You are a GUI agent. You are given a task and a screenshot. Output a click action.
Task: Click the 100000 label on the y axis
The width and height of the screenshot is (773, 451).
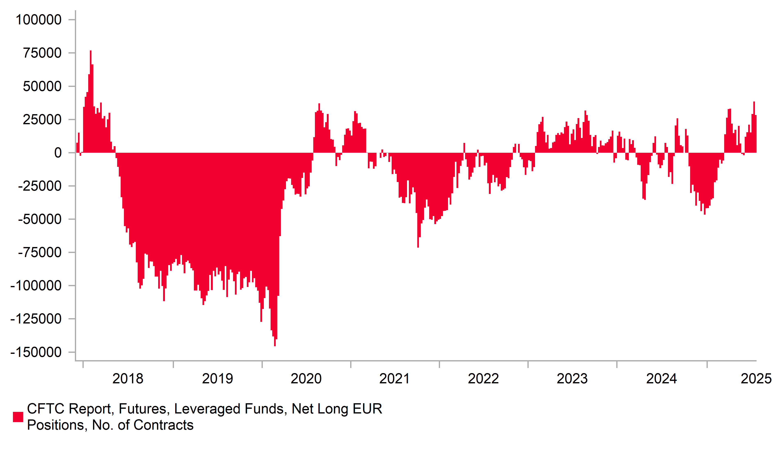pos(38,20)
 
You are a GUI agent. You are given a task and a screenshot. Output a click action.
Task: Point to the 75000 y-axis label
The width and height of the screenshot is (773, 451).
pos(42,53)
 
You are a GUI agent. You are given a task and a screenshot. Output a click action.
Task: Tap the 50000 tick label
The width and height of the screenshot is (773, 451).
pos(42,87)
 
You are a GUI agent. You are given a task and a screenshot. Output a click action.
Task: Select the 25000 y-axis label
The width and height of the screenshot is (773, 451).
pos(42,120)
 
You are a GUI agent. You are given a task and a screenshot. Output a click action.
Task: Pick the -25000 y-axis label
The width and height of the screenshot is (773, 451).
pos(40,186)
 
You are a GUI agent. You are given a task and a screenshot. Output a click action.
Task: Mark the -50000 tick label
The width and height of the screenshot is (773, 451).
pos(40,219)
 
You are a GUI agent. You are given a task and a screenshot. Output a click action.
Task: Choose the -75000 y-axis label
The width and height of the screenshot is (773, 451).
pos(40,253)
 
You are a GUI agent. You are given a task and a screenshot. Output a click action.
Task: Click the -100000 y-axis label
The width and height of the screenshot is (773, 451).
pos(36,286)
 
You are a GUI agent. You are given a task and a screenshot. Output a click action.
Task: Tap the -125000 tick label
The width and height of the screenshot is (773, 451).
pos(36,319)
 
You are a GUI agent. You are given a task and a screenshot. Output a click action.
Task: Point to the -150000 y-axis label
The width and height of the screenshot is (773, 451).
pos(36,352)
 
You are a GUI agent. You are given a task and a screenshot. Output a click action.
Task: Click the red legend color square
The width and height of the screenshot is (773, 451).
pos(18,417)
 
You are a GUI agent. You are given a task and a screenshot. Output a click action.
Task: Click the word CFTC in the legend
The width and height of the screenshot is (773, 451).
pos(46,409)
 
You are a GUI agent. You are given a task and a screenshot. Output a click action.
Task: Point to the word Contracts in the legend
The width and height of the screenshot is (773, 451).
pos(164,425)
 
